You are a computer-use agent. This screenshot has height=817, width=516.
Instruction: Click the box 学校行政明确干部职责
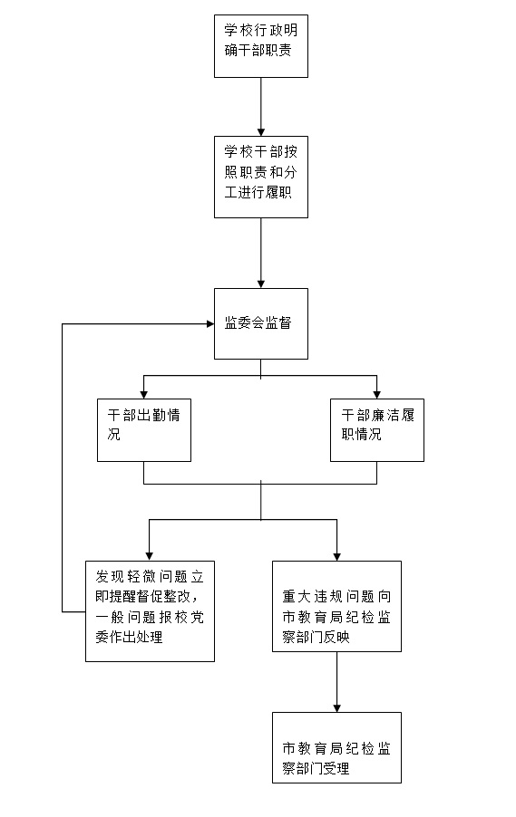click(x=261, y=46)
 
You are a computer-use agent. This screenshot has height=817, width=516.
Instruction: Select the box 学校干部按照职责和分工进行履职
click(x=261, y=178)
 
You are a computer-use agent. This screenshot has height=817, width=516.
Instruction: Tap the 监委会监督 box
click(x=261, y=323)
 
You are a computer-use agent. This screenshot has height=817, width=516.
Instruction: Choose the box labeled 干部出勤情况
click(x=144, y=430)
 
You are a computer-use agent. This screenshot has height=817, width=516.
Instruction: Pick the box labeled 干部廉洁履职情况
click(x=377, y=430)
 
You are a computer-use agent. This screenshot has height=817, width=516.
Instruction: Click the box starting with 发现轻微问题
click(x=151, y=611)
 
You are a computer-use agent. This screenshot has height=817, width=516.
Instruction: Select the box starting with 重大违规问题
click(x=337, y=607)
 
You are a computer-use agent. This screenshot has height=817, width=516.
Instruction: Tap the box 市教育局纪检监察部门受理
click(x=337, y=747)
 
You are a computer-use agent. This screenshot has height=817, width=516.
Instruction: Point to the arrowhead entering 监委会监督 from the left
click(x=210, y=324)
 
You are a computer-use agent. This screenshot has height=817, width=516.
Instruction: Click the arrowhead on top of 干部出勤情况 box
click(x=144, y=395)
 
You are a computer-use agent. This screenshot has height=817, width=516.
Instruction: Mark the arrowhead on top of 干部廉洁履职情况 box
click(x=376, y=395)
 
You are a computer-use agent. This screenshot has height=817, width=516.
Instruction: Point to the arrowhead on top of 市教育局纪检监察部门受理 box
click(x=337, y=708)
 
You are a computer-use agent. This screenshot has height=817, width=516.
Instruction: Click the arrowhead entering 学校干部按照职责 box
click(x=261, y=132)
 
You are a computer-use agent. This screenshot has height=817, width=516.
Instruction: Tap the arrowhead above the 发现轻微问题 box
click(x=150, y=557)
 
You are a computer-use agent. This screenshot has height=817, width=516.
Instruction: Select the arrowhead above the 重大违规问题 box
click(x=337, y=557)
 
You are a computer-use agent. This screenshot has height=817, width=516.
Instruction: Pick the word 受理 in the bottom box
click(x=336, y=768)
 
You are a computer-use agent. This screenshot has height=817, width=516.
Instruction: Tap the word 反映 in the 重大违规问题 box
click(x=336, y=637)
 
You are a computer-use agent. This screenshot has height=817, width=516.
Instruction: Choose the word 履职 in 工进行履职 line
click(x=278, y=192)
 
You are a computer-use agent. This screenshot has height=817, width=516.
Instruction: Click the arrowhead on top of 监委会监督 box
click(x=261, y=284)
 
